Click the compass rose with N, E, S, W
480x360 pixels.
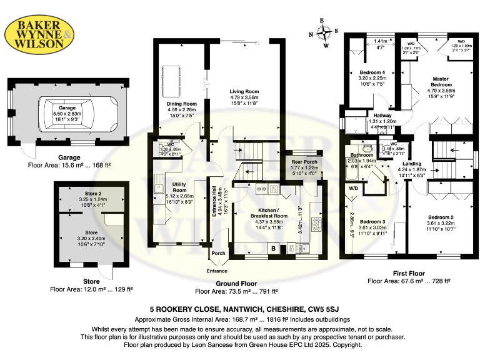tap(322, 32)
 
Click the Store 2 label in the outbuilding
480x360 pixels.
tap(92, 193)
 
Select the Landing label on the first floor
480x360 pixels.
tap(411, 163)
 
